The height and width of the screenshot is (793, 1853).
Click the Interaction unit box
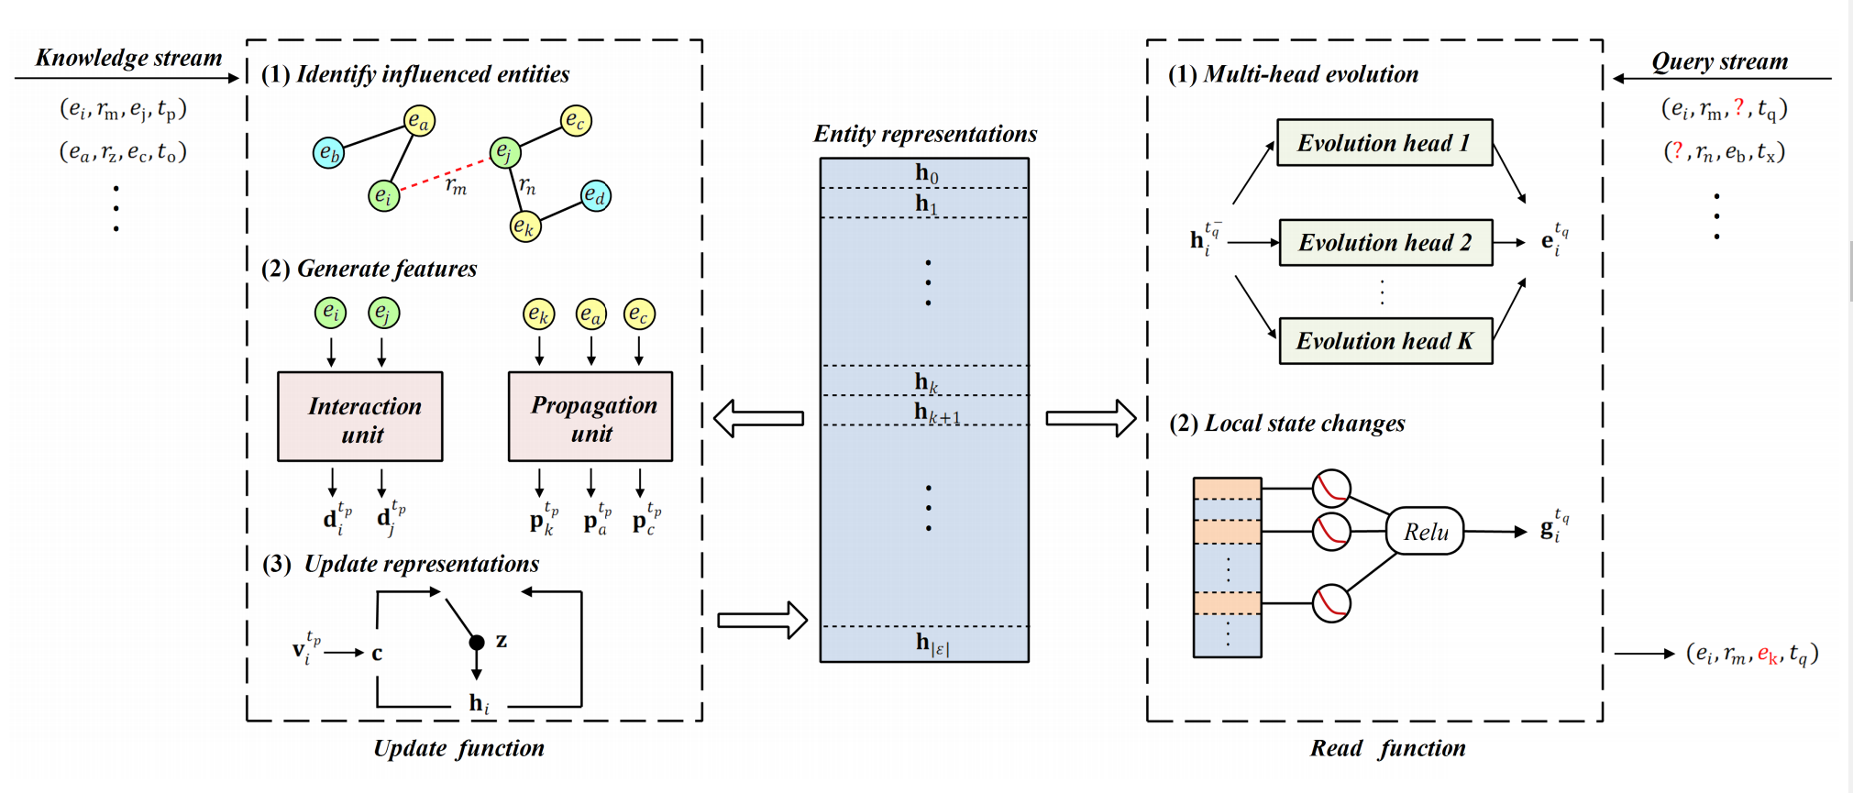coord(360,416)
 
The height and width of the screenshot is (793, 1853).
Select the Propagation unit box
coord(590,416)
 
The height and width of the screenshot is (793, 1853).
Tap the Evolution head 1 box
coord(1384,142)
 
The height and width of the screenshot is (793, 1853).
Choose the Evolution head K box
coord(1385,341)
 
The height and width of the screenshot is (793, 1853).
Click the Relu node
coord(1425,532)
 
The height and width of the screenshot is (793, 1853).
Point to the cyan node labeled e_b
coord(328,153)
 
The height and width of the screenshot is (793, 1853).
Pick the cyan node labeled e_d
coord(596,195)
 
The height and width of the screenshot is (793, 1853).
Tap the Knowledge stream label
coord(128,58)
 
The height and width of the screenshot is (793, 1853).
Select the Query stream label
coord(1720,61)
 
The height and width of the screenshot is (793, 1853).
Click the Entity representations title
coord(925,134)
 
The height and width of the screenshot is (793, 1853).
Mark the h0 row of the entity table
coord(925,173)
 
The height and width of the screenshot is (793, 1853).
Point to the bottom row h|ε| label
coord(932,644)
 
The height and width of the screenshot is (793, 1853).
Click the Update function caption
coord(458,748)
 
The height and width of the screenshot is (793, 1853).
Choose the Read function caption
coord(1387,748)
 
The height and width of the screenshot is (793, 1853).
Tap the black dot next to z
coord(477,642)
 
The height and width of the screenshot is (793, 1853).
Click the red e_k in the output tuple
coord(1768,655)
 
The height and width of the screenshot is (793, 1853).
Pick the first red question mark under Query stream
coord(1739,107)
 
